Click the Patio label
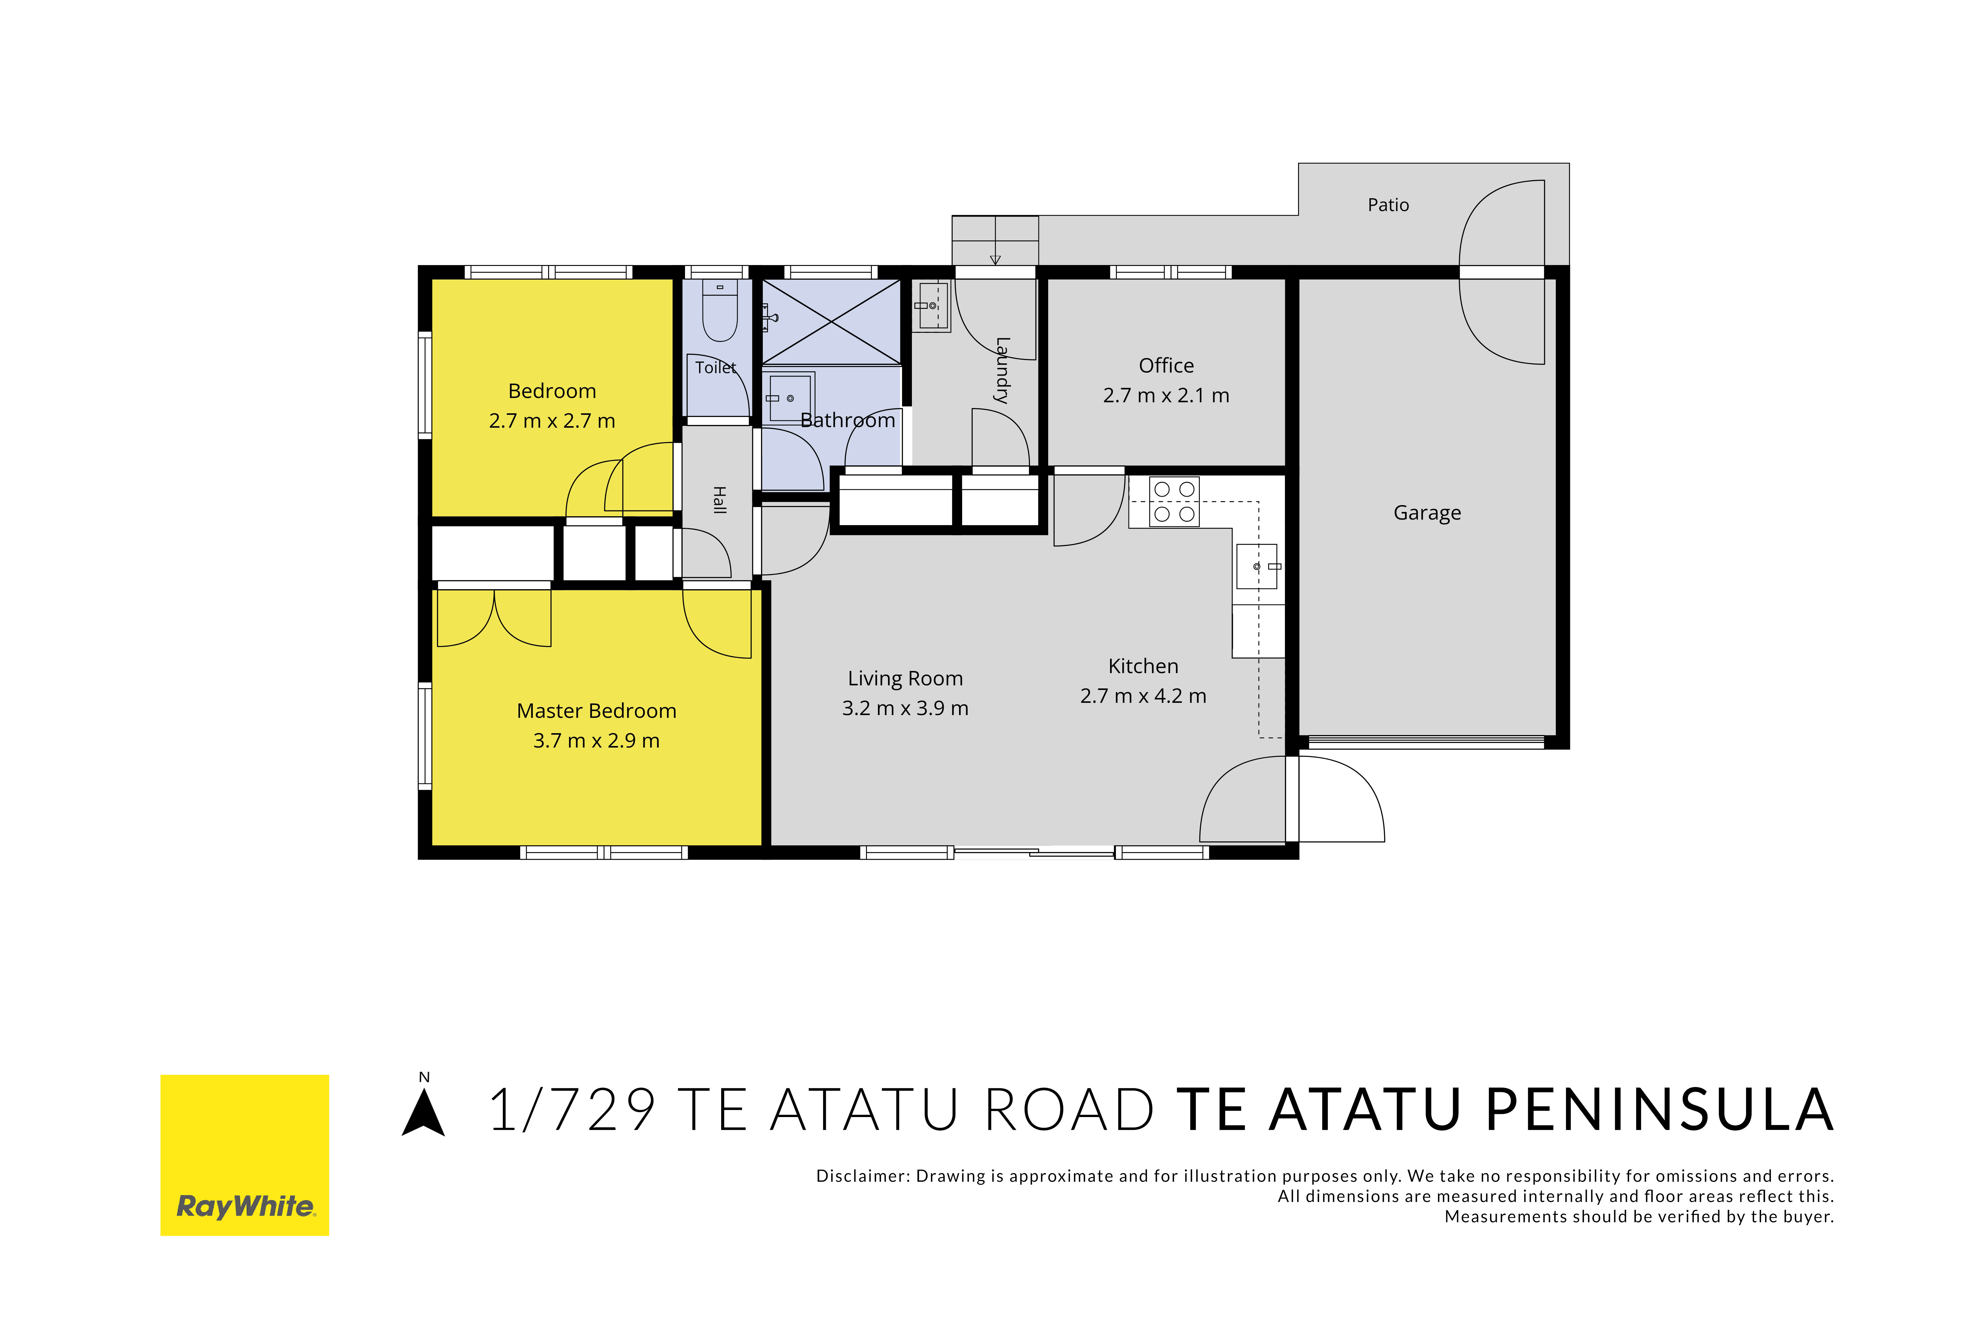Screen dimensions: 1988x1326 coord(1388,205)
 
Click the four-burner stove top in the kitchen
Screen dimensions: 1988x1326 coord(1174,502)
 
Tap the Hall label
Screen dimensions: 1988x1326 coord(719,500)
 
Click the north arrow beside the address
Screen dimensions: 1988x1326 coord(424,1111)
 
